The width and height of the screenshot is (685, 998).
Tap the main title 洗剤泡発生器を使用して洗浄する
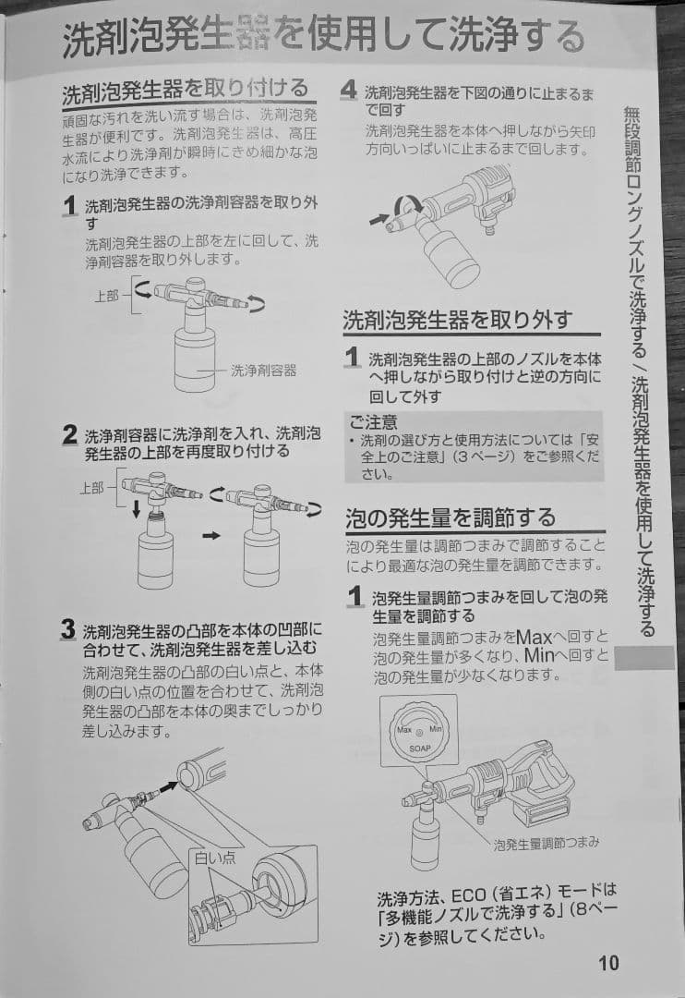coord(323,39)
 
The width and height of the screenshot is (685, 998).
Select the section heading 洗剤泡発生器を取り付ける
coord(185,91)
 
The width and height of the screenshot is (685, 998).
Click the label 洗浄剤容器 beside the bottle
coord(264,370)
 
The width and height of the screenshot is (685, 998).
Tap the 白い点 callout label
coord(214,858)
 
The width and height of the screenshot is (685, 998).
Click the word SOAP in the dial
coord(420,748)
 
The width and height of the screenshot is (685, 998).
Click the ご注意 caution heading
coord(373,421)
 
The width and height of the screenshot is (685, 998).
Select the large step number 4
coord(348,90)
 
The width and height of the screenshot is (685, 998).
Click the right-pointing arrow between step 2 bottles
coord(210,535)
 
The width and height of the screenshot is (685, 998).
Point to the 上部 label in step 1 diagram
coord(107,297)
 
